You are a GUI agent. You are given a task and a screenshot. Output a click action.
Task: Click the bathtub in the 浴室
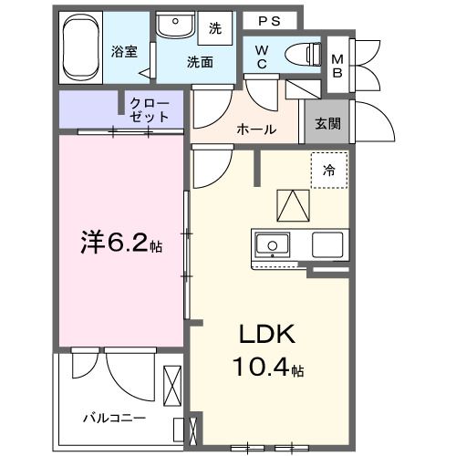point(83,47)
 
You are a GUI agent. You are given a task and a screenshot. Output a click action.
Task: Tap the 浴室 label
point(126,52)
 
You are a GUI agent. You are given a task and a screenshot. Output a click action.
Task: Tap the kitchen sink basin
point(272,245)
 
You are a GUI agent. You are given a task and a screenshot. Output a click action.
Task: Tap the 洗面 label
point(201,62)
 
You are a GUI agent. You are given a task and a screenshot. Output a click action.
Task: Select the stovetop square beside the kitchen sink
point(326,245)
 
